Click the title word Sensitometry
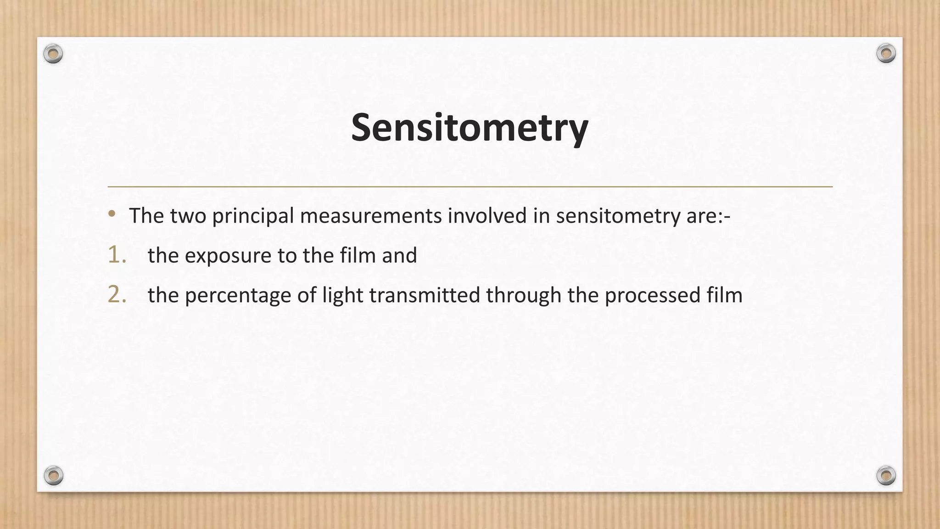pos(469,128)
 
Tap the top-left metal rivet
pos(53,54)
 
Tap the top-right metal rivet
pos(886,54)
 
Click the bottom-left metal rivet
pos(53,475)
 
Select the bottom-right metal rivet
pos(886,475)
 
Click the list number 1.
pos(117,255)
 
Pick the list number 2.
pos(117,294)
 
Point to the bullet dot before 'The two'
pos(112,214)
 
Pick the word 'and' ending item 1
pos(399,255)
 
